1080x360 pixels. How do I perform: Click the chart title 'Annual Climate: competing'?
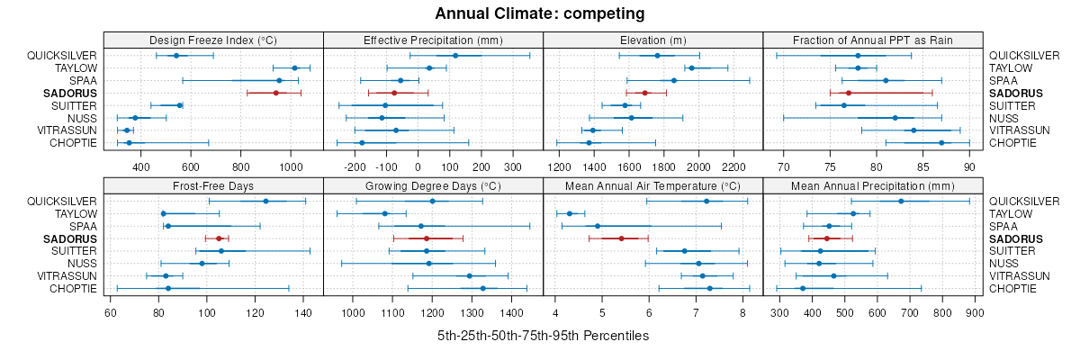540,13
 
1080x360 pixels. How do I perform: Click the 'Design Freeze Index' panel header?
212,40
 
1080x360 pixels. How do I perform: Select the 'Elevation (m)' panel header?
652,40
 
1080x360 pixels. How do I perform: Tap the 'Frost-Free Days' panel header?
212,185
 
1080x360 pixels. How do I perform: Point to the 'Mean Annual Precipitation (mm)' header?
872,185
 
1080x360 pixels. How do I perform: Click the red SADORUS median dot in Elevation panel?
644,93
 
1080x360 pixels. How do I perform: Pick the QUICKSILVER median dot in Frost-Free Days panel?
265,201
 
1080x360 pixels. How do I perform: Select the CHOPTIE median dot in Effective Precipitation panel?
362,143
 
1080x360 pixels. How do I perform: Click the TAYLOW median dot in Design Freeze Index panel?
294,67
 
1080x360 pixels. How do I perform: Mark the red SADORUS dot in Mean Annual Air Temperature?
621,238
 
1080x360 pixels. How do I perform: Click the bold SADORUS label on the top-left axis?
70,93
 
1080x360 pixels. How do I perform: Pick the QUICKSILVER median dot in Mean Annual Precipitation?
901,201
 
